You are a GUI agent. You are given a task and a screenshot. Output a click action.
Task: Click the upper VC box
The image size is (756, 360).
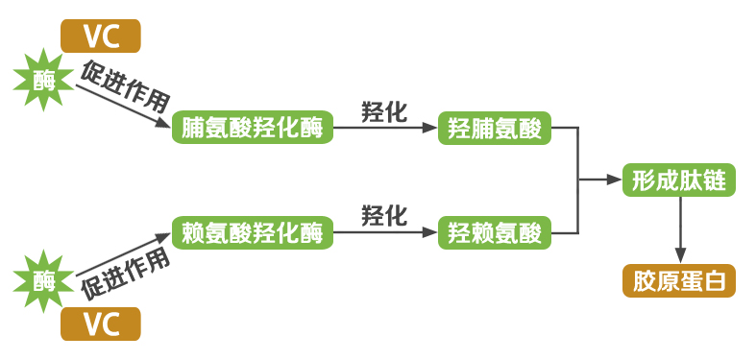point(101,36)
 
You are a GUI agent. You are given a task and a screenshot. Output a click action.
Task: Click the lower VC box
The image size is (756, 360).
point(101,324)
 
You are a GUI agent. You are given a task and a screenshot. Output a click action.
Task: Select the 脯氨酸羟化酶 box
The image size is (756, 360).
point(253,128)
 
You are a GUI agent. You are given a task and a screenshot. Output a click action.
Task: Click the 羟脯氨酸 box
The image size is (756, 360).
point(495,128)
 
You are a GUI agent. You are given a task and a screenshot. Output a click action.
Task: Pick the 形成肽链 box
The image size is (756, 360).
point(679,180)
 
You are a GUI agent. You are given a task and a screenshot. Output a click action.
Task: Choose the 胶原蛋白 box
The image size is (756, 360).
point(679,280)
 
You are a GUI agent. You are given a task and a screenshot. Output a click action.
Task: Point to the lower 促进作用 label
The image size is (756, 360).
point(126,272)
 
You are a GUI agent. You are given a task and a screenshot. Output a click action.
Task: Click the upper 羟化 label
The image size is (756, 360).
point(384,109)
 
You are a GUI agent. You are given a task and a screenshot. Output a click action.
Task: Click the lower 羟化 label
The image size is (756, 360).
point(384,214)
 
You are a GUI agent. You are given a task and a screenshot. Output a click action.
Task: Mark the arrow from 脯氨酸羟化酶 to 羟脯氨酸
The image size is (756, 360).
point(384,128)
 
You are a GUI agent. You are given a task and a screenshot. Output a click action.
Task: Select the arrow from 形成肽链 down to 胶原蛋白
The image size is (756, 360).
point(680,228)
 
